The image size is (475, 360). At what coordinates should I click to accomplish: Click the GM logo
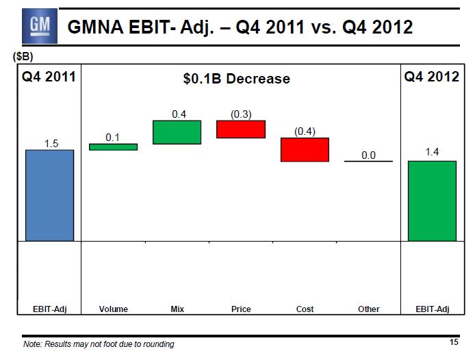tap(34, 27)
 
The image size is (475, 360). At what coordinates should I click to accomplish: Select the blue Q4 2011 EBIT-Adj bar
tap(49, 195)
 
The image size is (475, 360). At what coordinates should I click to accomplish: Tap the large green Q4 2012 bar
tap(432, 201)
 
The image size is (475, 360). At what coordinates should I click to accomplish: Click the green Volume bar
tap(114, 146)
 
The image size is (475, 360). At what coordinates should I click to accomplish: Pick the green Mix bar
tap(177, 132)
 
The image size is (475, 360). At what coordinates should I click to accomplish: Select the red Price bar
tap(241, 129)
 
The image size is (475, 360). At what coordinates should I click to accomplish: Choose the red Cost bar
tap(305, 150)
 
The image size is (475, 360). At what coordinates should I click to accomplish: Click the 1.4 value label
tap(432, 152)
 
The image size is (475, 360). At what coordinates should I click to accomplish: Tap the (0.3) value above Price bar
tap(240, 114)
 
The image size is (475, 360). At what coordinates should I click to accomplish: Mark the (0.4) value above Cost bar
tap(305, 131)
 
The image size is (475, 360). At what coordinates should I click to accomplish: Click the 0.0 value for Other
tap(368, 155)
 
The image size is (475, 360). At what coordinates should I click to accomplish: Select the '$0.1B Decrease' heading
tap(237, 79)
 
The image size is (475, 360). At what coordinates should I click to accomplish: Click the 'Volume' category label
tap(114, 309)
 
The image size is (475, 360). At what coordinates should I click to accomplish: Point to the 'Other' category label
tap(368, 309)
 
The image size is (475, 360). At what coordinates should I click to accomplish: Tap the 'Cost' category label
tap(305, 309)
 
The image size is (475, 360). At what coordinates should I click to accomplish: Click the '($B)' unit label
tap(23, 57)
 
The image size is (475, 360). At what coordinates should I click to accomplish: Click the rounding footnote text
tap(99, 344)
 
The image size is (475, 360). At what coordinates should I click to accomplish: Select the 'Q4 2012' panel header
tap(431, 77)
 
